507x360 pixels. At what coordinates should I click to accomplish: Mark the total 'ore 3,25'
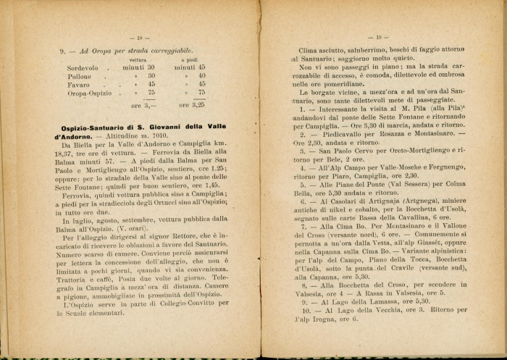pyautogui.click(x=190, y=105)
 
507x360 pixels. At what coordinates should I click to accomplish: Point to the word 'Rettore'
pyautogui.click(x=190, y=236)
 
